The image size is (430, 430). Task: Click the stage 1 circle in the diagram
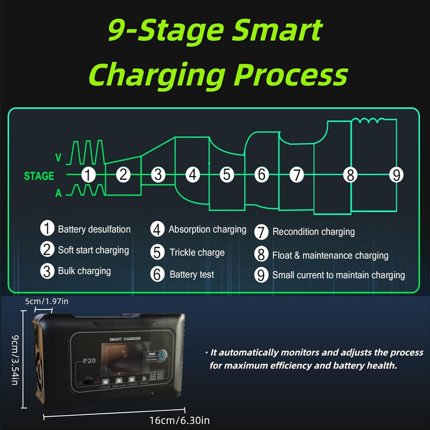click(88, 175)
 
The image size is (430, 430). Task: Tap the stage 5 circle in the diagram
click(227, 175)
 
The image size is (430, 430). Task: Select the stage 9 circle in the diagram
click(396, 175)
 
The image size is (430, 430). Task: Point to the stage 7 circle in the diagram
click(297, 175)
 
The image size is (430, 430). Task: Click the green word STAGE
click(39, 176)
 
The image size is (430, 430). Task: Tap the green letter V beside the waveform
click(58, 158)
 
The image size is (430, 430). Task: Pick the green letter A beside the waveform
click(58, 193)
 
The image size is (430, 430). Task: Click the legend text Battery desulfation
click(94, 229)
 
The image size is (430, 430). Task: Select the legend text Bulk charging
click(84, 271)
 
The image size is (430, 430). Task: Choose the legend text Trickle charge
click(197, 252)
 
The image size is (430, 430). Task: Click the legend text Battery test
click(192, 274)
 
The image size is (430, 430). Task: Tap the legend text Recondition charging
click(313, 232)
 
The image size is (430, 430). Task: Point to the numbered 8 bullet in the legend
click(261, 254)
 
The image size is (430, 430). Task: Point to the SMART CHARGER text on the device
click(125, 339)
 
